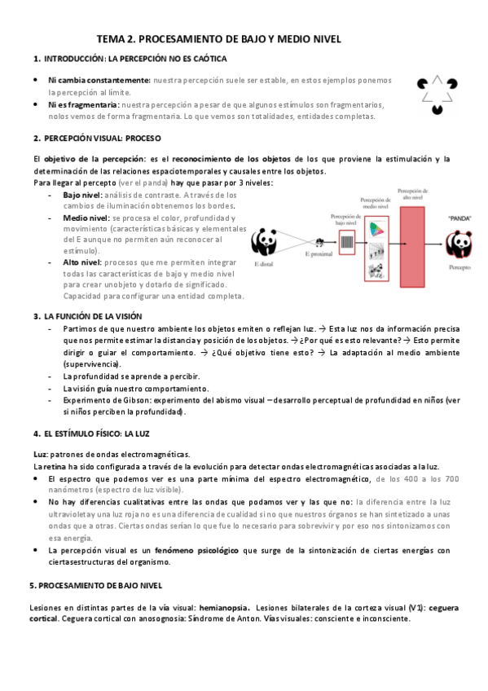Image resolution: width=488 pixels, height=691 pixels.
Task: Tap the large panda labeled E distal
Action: (264, 241)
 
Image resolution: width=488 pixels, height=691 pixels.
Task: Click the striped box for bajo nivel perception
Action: (345, 242)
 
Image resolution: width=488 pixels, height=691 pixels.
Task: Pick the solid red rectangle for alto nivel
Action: (413, 244)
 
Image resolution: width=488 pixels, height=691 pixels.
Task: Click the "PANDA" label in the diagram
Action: (459, 218)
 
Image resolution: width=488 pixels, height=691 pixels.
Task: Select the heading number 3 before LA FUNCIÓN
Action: (37, 316)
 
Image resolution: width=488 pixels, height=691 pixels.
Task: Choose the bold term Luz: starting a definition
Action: (41, 454)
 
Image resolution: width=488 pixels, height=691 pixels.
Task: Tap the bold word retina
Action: (55, 465)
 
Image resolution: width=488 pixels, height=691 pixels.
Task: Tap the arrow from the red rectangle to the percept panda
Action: (437, 244)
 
